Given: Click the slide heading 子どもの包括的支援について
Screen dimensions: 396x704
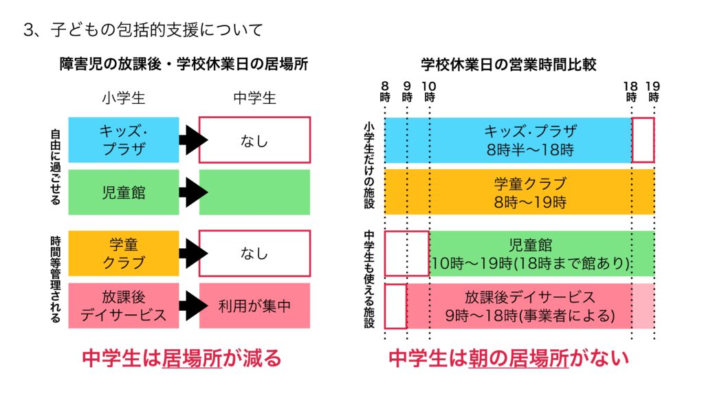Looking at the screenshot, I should pyautogui.click(x=143, y=30).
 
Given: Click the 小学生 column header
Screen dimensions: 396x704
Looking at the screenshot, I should pyautogui.click(x=124, y=98).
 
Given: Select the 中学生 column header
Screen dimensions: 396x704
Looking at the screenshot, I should pyautogui.click(x=254, y=98).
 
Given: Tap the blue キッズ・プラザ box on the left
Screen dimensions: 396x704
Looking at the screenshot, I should pyautogui.click(x=124, y=140).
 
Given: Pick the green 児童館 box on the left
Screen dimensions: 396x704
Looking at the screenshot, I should pyautogui.click(x=124, y=192).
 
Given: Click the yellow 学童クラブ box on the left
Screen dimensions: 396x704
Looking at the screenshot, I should pyautogui.click(x=124, y=253).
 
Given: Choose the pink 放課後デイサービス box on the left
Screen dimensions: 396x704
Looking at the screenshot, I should pyautogui.click(x=124, y=306).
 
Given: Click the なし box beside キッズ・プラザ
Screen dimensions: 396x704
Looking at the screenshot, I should pyautogui.click(x=254, y=140).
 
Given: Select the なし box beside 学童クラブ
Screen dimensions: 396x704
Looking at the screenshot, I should pyautogui.click(x=254, y=253).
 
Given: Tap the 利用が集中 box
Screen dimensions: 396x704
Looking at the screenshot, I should pyautogui.click(x=254, y=306).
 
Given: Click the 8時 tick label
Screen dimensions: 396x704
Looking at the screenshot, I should pyautogui.click(x=385, y=91).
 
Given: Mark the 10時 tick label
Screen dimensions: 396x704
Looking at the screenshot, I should pyautogui.click(x=430, y=91).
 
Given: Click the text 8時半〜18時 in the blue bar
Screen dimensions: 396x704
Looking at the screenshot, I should pyautogui.click(x=530, y=149).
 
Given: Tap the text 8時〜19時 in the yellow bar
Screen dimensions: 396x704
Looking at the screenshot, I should pyautogui.click(x=530, y=202).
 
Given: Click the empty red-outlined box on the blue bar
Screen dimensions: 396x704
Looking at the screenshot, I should pyautogui.click(x=643, y=140).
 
